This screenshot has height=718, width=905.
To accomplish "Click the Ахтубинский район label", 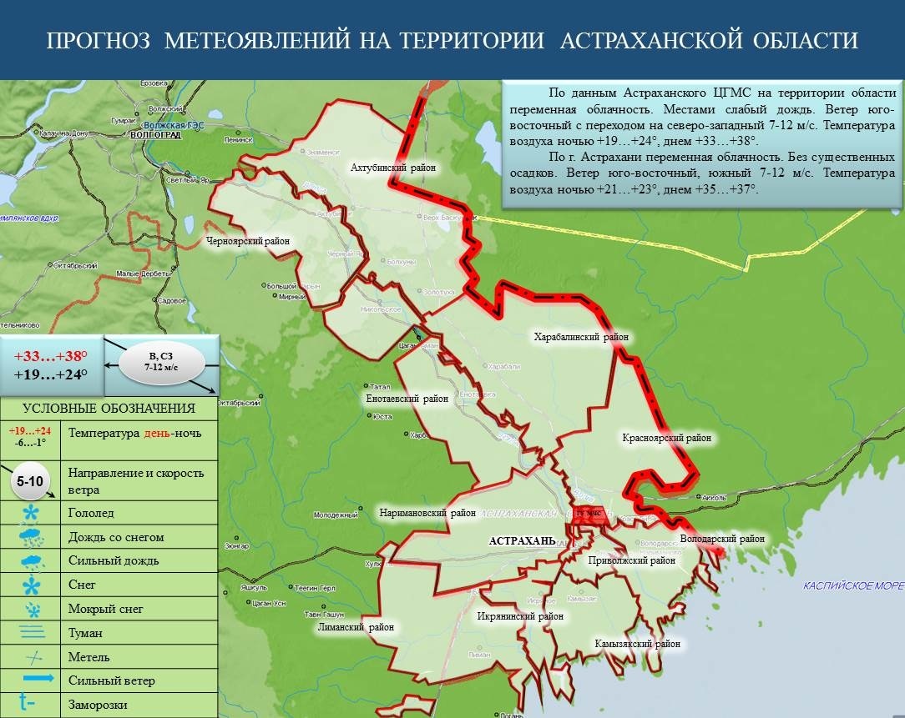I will click(394, 168).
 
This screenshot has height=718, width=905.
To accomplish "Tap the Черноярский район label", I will click(248, 241).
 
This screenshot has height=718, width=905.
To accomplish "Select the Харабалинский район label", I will click(581, 338).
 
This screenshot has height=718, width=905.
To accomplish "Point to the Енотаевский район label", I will click(407, 399).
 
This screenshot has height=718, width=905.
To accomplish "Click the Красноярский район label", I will click(666, 437).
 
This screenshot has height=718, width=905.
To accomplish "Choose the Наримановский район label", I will click(422, 513).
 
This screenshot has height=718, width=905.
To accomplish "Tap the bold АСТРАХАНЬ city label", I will click(522, 540).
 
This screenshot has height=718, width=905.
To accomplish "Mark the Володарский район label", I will click(722, 539).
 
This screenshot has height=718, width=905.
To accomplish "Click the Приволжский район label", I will click(631, 560).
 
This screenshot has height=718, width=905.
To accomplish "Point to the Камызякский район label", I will click(637, 644).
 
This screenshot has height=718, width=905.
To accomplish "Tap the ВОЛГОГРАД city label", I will click(155, 134).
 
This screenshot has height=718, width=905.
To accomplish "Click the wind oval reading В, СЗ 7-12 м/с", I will click(161, 361).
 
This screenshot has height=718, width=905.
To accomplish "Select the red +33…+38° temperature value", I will click(51, 355).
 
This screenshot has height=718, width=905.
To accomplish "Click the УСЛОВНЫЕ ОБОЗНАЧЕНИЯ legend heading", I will click(109, 409).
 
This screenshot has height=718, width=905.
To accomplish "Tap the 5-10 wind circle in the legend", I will click(30, 482).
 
